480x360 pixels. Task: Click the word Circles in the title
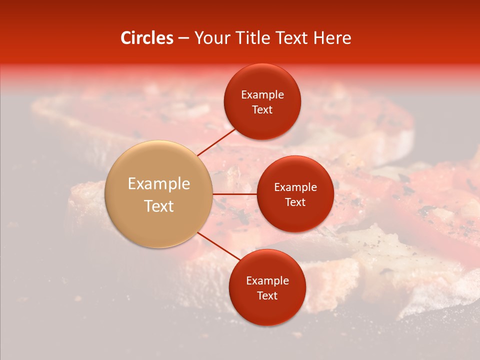point(146,38)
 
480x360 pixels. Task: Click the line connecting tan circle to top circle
point(216,141)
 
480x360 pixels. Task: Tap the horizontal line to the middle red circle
point(234,194)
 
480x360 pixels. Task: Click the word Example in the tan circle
point(159,184)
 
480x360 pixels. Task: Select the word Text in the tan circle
point(159,206)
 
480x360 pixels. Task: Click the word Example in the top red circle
point(262,95)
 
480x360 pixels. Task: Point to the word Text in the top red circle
point(262,109)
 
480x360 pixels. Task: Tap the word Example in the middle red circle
point(295,187)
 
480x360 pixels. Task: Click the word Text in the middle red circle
point(295,202)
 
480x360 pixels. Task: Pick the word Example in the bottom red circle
point(267,281)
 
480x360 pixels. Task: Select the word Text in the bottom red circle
point(267,295)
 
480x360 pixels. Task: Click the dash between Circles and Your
point(183,38)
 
